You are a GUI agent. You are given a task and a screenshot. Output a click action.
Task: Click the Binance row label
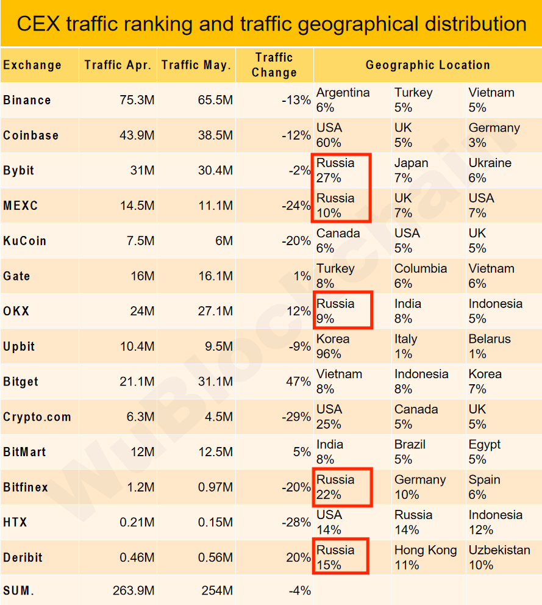(27, 100)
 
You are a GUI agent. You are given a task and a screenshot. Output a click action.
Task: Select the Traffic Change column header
(274, 65)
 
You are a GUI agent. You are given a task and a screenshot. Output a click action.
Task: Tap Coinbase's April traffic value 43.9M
(137, 135)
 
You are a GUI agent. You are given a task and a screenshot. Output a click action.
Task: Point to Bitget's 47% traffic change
(298, 382)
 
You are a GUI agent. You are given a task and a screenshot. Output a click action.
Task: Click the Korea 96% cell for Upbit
(333, 346)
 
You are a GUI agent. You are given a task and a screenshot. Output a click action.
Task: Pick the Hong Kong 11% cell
(425, 557)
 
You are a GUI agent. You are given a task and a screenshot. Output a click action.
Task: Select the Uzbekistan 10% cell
(499, 557)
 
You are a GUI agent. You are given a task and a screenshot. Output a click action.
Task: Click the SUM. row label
(19, 590)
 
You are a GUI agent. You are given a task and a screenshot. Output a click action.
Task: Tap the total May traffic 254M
(216, 590)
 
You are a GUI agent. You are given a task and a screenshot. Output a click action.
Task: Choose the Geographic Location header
(427, 65)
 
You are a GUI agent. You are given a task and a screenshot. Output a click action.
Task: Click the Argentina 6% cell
(343, 100)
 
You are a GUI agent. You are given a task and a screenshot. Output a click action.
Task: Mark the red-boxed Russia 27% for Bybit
(341, 171)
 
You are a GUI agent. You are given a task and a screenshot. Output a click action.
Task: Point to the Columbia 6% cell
(420, 276)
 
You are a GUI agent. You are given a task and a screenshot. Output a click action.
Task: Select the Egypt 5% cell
(484, 452)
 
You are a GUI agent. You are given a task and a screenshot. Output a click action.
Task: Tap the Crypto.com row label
(37, 417)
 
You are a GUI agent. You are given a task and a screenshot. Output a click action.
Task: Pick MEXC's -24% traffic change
(296, 206)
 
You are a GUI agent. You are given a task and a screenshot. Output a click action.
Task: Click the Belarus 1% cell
(489, 346)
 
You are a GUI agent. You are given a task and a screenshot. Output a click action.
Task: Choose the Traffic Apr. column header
(118, 65)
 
